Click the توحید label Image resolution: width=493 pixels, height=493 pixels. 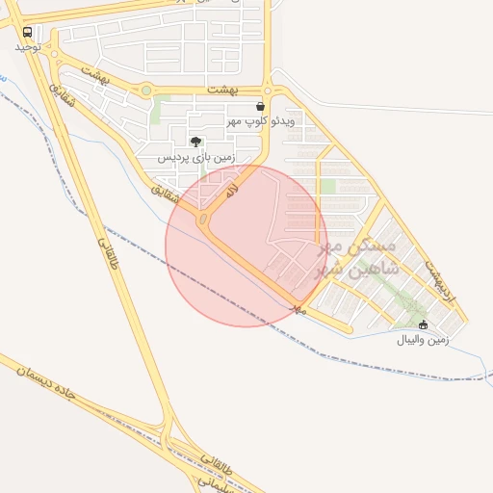27,46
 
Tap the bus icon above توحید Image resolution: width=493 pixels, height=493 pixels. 26,32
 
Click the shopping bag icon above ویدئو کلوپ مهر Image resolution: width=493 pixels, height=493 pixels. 260,107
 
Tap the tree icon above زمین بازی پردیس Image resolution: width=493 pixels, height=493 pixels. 197,142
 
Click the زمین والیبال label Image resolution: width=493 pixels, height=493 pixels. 422,340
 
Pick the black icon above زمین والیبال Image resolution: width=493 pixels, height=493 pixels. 424,325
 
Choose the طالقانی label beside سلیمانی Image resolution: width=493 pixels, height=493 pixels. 217,460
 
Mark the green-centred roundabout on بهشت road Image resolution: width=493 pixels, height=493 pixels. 145,91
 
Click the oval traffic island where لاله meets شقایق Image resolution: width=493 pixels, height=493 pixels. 203,221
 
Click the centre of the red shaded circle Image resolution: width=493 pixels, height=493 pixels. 246,246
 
